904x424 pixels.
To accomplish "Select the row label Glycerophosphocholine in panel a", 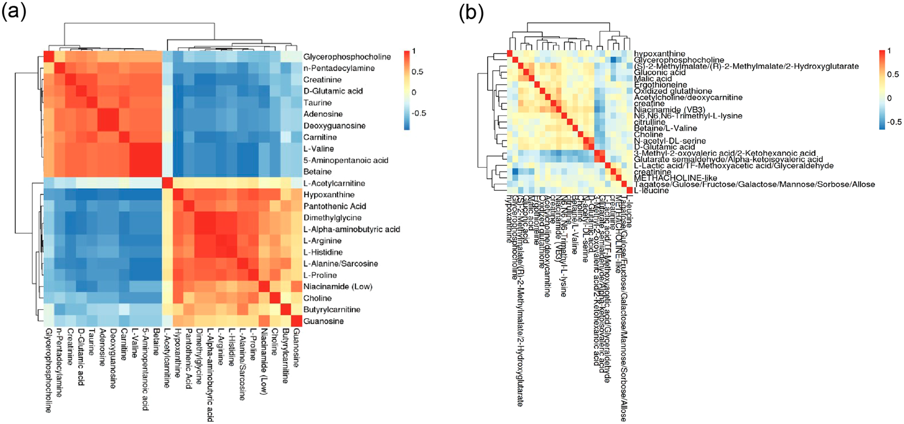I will coord(347,57).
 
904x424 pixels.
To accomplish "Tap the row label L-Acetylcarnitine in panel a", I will coord(334,183).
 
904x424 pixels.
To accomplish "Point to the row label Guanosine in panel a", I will coord(324,321).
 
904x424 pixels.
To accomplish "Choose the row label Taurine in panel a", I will coord(317,103).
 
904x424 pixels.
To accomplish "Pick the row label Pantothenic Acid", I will coord(335,206).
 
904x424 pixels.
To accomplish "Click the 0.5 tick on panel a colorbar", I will coord(418,71).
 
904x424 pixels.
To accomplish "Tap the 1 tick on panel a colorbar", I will coord(414,51).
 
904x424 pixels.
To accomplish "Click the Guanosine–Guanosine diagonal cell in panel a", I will coord(296,321).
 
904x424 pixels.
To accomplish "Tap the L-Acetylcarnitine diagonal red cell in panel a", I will coord(168,183).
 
